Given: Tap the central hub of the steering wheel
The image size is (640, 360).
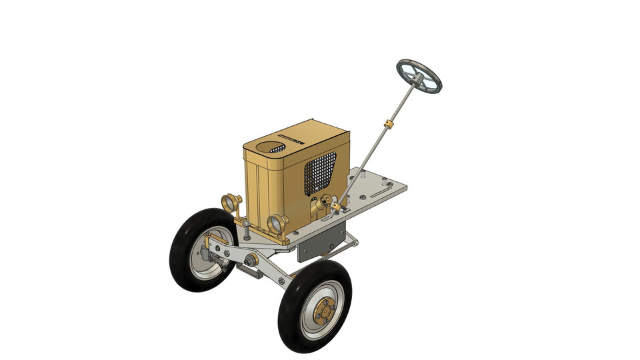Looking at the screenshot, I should [x=417, y=79].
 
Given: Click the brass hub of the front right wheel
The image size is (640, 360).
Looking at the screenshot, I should [x=324, y=311].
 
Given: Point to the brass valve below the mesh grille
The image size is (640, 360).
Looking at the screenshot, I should [x=326, y=201].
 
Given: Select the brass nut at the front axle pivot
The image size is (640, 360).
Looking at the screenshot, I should [x=253, y=259].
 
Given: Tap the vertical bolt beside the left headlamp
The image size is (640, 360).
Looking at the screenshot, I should [x=247, y=230].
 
